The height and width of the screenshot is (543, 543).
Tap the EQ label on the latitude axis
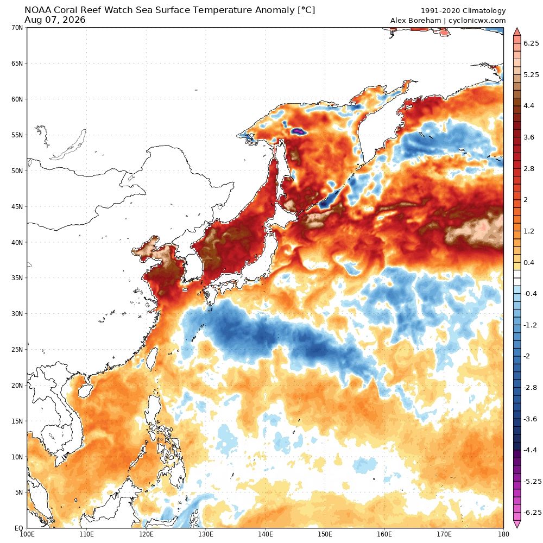(19, 528)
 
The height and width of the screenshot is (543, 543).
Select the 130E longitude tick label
(206, 534)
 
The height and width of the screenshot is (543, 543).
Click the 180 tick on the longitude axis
(503, 534)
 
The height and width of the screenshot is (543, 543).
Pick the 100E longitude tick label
(27, 534)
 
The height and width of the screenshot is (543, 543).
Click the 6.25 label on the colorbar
(531, 43)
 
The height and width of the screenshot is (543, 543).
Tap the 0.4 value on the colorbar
(529, 262)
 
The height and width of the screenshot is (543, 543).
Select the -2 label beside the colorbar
(527, 356)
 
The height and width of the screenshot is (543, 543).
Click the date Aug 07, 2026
(55, 20)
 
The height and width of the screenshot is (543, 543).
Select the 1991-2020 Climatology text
(463, 11)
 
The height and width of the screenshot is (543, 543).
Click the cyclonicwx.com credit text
(477, 21)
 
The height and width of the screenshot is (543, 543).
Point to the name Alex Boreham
(415, 21)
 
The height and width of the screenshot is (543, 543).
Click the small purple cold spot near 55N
(298, 131)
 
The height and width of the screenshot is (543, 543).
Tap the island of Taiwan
(151, 358)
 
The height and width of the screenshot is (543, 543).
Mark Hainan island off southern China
(85, 392)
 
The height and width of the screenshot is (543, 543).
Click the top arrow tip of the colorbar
(517, 28)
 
